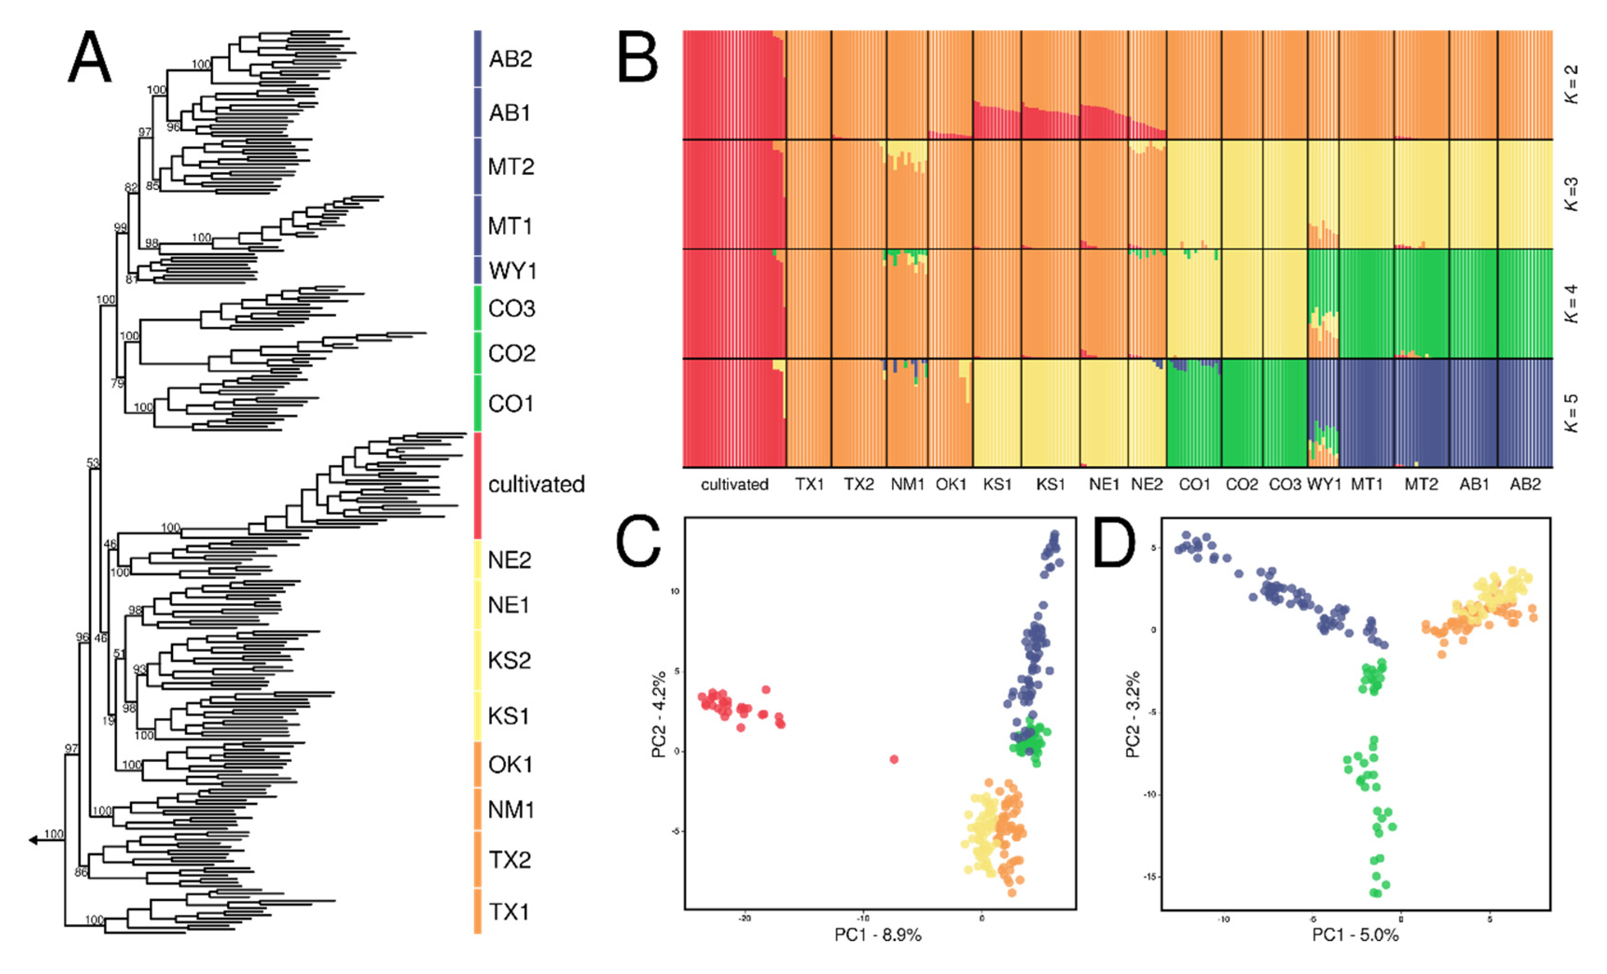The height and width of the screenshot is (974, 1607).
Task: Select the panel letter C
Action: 638,542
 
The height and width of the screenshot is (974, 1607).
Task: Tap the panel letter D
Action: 1114,542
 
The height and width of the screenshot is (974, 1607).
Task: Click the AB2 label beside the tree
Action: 510,59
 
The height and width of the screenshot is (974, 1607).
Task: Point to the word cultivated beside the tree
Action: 536,485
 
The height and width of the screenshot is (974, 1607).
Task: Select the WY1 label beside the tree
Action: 512,270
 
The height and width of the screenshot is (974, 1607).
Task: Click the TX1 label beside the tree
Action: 509,911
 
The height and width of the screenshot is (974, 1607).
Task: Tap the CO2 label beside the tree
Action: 511,354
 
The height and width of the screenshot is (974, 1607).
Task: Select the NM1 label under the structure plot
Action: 907,485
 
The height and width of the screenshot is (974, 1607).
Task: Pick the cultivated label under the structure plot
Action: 734,485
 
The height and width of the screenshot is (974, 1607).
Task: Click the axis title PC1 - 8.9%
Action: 878,935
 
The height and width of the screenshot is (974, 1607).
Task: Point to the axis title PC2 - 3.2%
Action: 1133,714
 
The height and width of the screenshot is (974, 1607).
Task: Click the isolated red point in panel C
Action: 894,758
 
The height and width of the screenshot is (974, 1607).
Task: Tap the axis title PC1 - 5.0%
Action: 1355,935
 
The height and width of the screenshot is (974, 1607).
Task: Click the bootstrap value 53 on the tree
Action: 93,463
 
